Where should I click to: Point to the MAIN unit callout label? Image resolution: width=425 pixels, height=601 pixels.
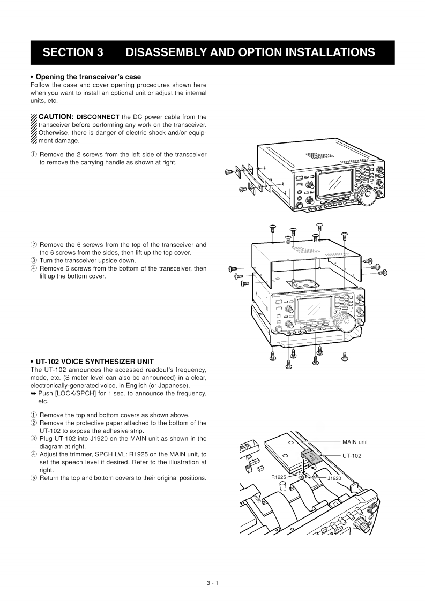click(355, 442)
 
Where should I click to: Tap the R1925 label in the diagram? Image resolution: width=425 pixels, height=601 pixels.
click(279, 476)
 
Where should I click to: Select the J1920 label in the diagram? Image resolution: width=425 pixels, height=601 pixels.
click(334, 478)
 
